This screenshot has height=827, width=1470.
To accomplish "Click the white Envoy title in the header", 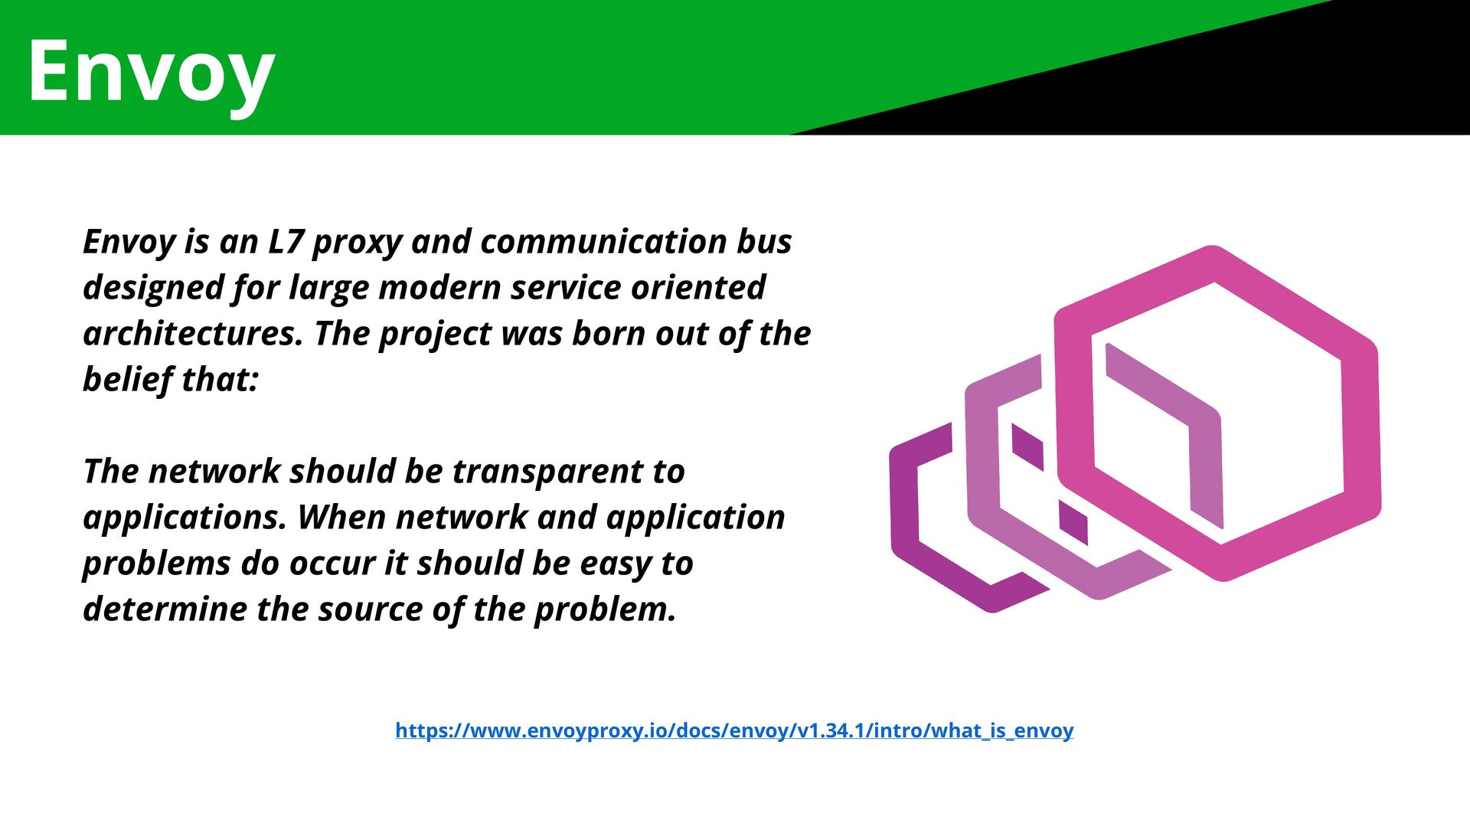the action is point(151,73).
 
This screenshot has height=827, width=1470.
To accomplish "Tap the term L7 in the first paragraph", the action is point(286,242).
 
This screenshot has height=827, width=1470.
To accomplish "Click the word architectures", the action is point(192,334).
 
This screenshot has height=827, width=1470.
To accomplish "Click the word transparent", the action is point(547,472).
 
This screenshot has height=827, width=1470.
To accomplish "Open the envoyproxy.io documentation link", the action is point(734,731).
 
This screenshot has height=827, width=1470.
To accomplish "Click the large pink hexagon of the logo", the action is point(1363,429).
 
